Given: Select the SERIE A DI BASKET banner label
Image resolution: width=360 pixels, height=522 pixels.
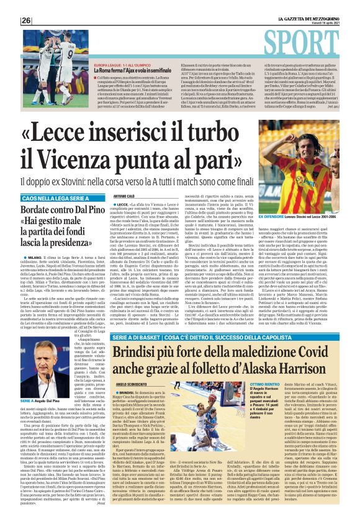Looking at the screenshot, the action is point(140,354).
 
